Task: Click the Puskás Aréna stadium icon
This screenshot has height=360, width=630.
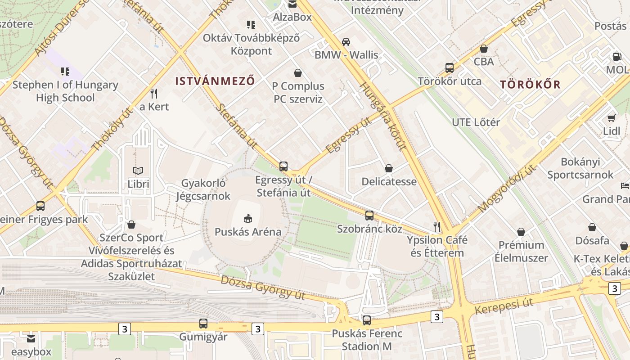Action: coord(247,219)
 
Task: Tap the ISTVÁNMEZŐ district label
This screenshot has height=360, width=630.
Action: coord(215,81)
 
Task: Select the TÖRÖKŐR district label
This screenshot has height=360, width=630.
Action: coord(531,85)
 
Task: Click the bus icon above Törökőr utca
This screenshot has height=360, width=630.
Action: coord(449,68)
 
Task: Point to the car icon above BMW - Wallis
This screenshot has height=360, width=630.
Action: coord(346,42)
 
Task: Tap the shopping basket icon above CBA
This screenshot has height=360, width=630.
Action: coord(484,49)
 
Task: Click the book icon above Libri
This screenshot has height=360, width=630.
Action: coord(138,171)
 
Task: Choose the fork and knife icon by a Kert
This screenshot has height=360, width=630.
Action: coord(154,94)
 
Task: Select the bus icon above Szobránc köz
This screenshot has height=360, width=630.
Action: coord(369,216)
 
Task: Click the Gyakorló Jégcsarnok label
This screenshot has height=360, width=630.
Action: coord(203,189)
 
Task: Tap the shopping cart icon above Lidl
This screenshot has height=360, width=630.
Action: coord(611,118)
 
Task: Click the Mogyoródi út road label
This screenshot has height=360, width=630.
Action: coord(507,189)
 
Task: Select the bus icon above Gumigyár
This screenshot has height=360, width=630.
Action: coord(203,324)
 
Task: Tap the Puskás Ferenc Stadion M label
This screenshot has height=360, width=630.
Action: coord(367,340)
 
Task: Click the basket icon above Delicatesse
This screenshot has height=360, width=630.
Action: coord(389,169)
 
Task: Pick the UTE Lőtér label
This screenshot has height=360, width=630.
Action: coord(476,122)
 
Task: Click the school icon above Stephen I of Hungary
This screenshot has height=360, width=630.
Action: coord(65,71)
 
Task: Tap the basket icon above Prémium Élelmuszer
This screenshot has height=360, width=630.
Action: coord(521,232)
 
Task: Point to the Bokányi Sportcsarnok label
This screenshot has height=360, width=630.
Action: coord(580,168)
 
